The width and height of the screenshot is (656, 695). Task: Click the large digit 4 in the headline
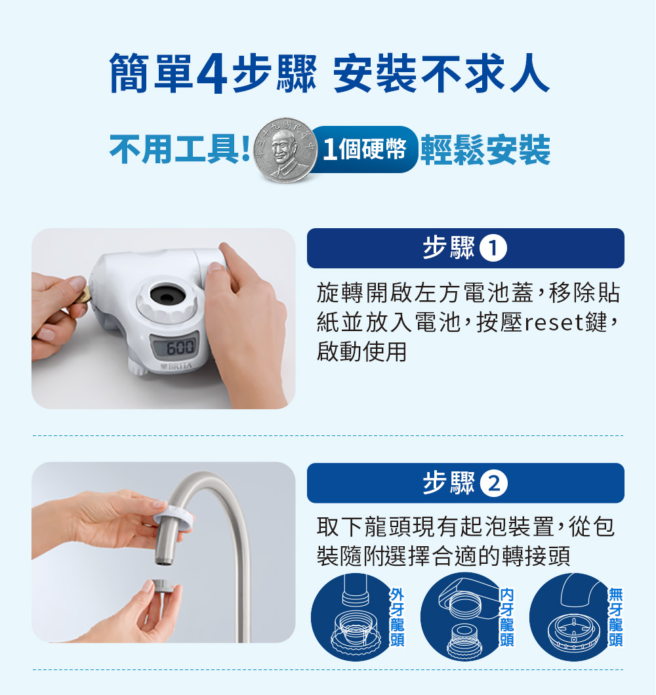click(212, 73)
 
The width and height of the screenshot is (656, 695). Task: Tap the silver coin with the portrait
click(285, 150)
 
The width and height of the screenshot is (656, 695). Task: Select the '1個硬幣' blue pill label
click(365, 149)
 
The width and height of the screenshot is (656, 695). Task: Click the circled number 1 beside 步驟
click(493, 248)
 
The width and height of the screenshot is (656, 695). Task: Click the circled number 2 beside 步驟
click(494, 483)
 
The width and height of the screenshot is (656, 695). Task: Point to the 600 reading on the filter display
click(180, 347)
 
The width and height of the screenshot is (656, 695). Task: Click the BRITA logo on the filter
click(177, 367)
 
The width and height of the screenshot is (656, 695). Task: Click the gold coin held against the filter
click(83, 295)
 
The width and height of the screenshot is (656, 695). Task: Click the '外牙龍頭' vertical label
click(397, 618)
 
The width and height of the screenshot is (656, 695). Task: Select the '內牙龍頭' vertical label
click(506, 618)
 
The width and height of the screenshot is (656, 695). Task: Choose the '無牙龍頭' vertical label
click(615, 618)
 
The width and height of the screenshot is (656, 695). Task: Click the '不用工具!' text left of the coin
click(180, 149)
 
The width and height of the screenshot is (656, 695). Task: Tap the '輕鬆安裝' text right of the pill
click(485, 149)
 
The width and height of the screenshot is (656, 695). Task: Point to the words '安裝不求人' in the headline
click(441, 73)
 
